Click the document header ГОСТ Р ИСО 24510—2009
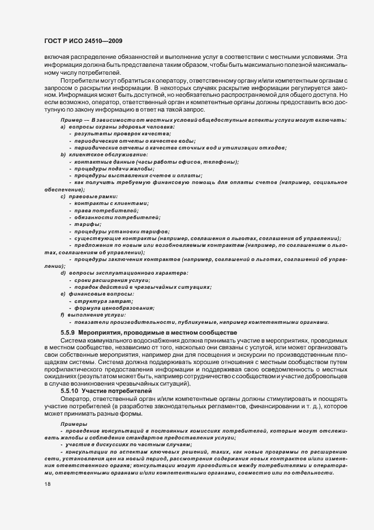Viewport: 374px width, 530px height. pyautogui.click(x=83, y=40)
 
